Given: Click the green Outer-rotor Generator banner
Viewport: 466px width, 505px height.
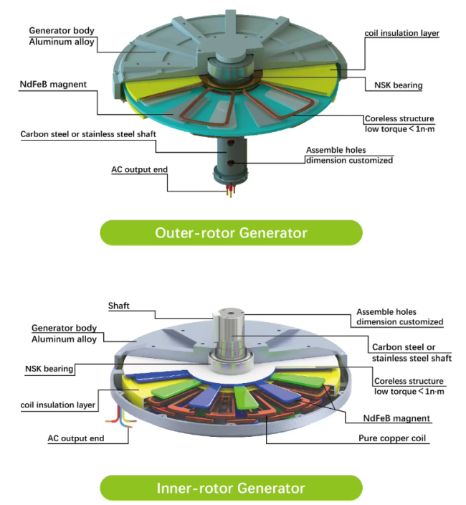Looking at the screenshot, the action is pyautogui.click(x=231, y=233).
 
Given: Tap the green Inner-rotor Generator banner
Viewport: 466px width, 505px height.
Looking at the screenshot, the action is pyautogui.click(x=231, y=488).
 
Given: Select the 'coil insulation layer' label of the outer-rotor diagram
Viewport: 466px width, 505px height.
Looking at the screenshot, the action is pyautogui.click(x=401, y=33).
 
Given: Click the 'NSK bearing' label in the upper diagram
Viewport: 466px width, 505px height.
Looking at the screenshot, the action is pyautogui.click(x=398, y=85).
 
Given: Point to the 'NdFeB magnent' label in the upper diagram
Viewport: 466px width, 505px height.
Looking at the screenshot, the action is pyautogui.click(x=53, y=85).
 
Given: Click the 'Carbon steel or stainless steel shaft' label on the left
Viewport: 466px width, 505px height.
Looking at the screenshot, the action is pyautogui.click(x=88, y=134).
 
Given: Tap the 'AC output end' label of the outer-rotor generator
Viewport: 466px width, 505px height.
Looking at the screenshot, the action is pyautogui.click(x=139, y=170).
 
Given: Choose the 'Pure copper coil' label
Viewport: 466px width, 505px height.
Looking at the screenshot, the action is pyautogui.click(x=392, y=438).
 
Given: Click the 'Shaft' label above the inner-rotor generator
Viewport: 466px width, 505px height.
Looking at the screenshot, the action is pyautogui.click(x=119, y=306).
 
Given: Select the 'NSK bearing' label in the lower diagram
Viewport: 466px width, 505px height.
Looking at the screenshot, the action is pyautogui.click(x=49, y=369).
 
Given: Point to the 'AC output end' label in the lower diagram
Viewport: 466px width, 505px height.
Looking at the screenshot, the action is pyautogui.click(x=76, y=438).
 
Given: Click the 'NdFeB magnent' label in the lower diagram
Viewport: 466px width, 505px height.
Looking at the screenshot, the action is pyautogui.click(x=396, y=418).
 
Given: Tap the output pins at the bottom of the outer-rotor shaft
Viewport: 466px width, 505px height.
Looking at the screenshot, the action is pyautogui.click(x=230, y=191).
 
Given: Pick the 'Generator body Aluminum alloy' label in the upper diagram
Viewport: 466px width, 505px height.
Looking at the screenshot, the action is pyautogui.click(x=62, y=36).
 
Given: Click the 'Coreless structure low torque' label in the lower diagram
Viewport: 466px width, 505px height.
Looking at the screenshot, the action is pyautogui.click(x=409, y=386).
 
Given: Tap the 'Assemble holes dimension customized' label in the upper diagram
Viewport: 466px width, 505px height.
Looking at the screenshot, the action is pyautogui.click(x=349, y=155).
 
